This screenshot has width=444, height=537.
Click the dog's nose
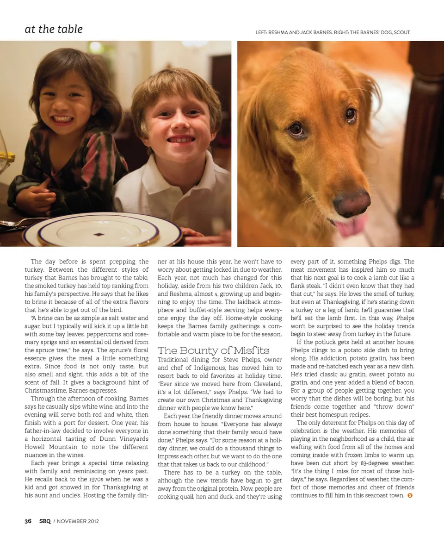352,202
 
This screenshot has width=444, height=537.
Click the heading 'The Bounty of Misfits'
214,350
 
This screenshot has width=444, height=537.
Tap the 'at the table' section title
54,29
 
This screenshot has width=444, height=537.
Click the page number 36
28,521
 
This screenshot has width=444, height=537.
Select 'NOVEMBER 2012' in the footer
78,521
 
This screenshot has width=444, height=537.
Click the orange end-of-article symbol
410,496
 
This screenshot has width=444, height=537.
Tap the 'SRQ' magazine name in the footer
44,521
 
